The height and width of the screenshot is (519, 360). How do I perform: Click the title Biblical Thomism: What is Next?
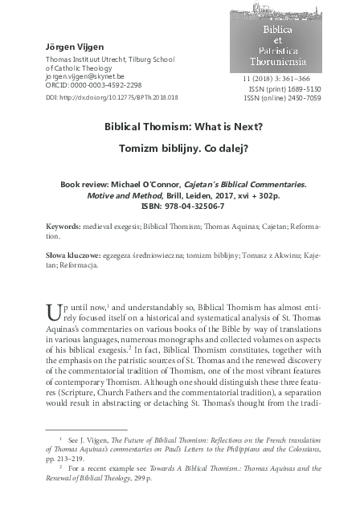(179, 126)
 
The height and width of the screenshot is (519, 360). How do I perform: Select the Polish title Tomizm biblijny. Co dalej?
(179, 149)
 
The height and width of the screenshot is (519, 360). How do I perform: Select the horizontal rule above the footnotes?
(88, 431)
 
